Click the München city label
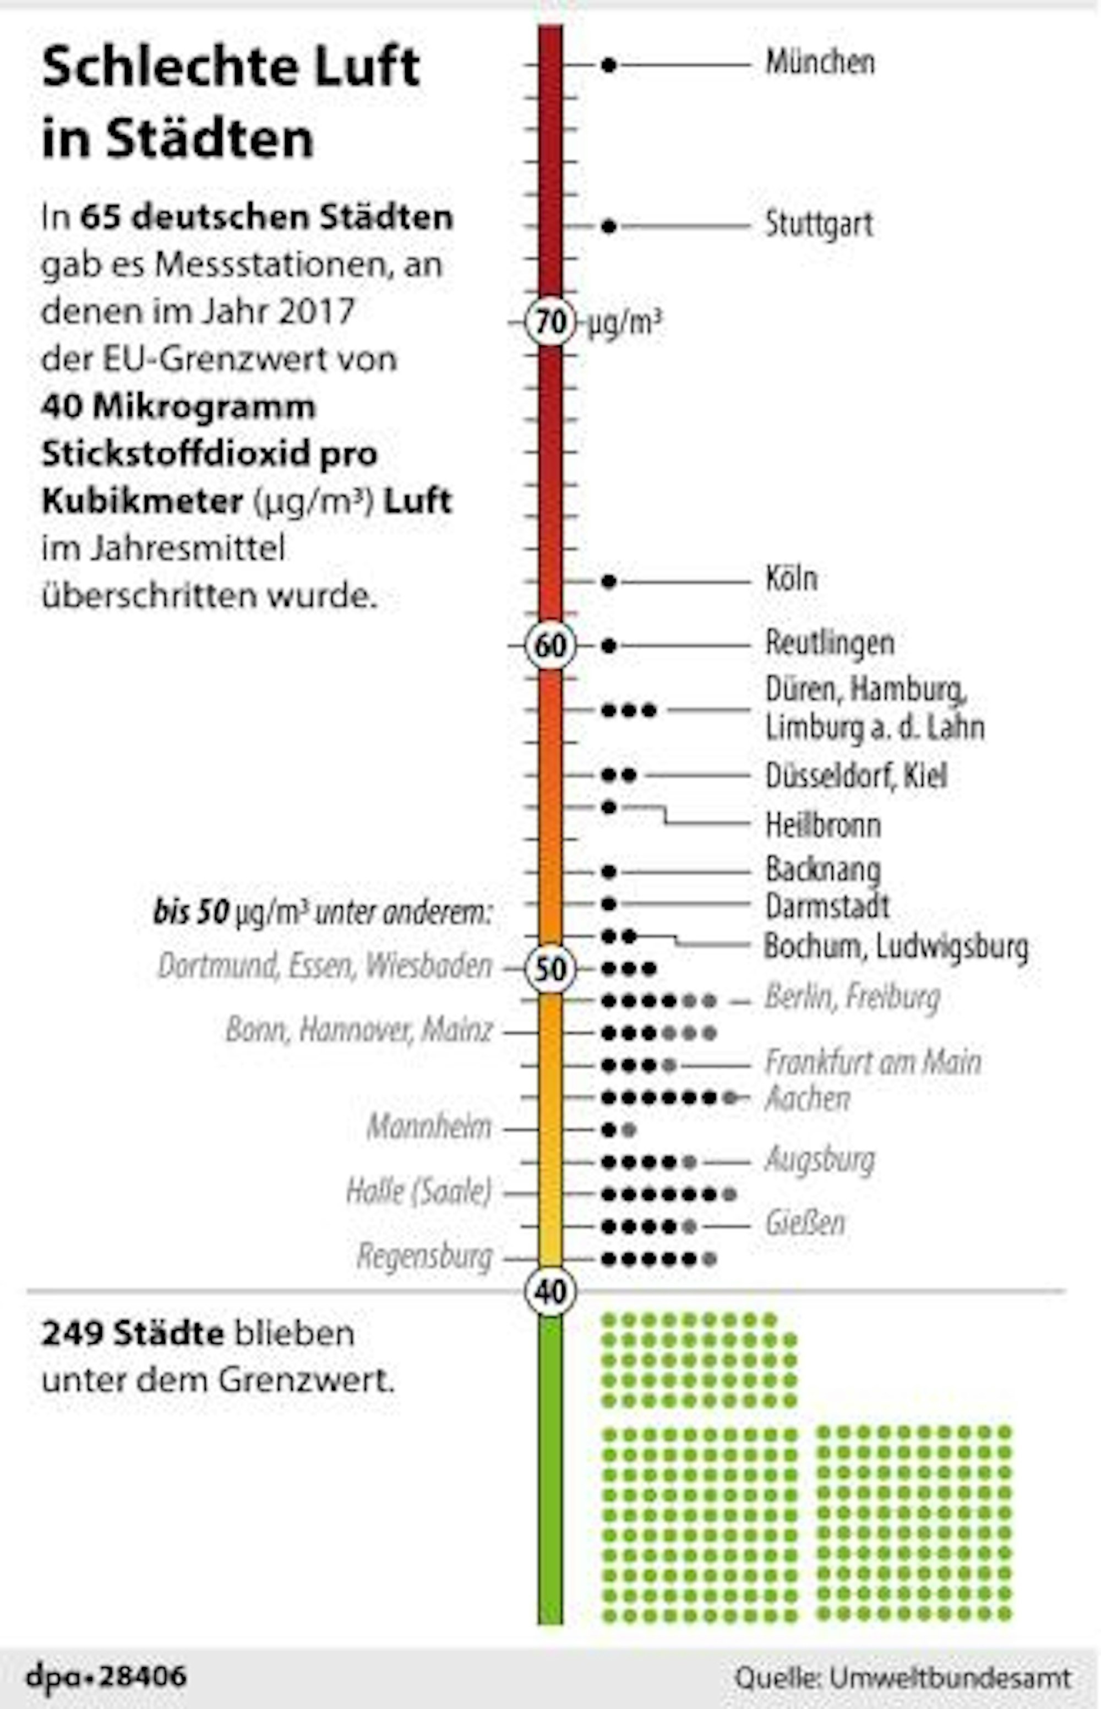(819, 63)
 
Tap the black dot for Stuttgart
(608, 227)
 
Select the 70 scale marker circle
(550, 323)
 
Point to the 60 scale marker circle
(550, 645)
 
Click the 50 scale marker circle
(550, 969)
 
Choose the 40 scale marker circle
(550, 1292)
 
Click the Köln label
(791, 578)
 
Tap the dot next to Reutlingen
(608, 645)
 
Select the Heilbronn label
(822, 825)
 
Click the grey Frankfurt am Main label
(872, 1062)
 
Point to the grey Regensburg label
(424, 1256)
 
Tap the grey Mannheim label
(429, 1127)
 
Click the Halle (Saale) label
(419, 1191)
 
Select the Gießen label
(805, 1223)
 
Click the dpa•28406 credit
(107, 1676)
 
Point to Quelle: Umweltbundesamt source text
(903, 1678)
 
